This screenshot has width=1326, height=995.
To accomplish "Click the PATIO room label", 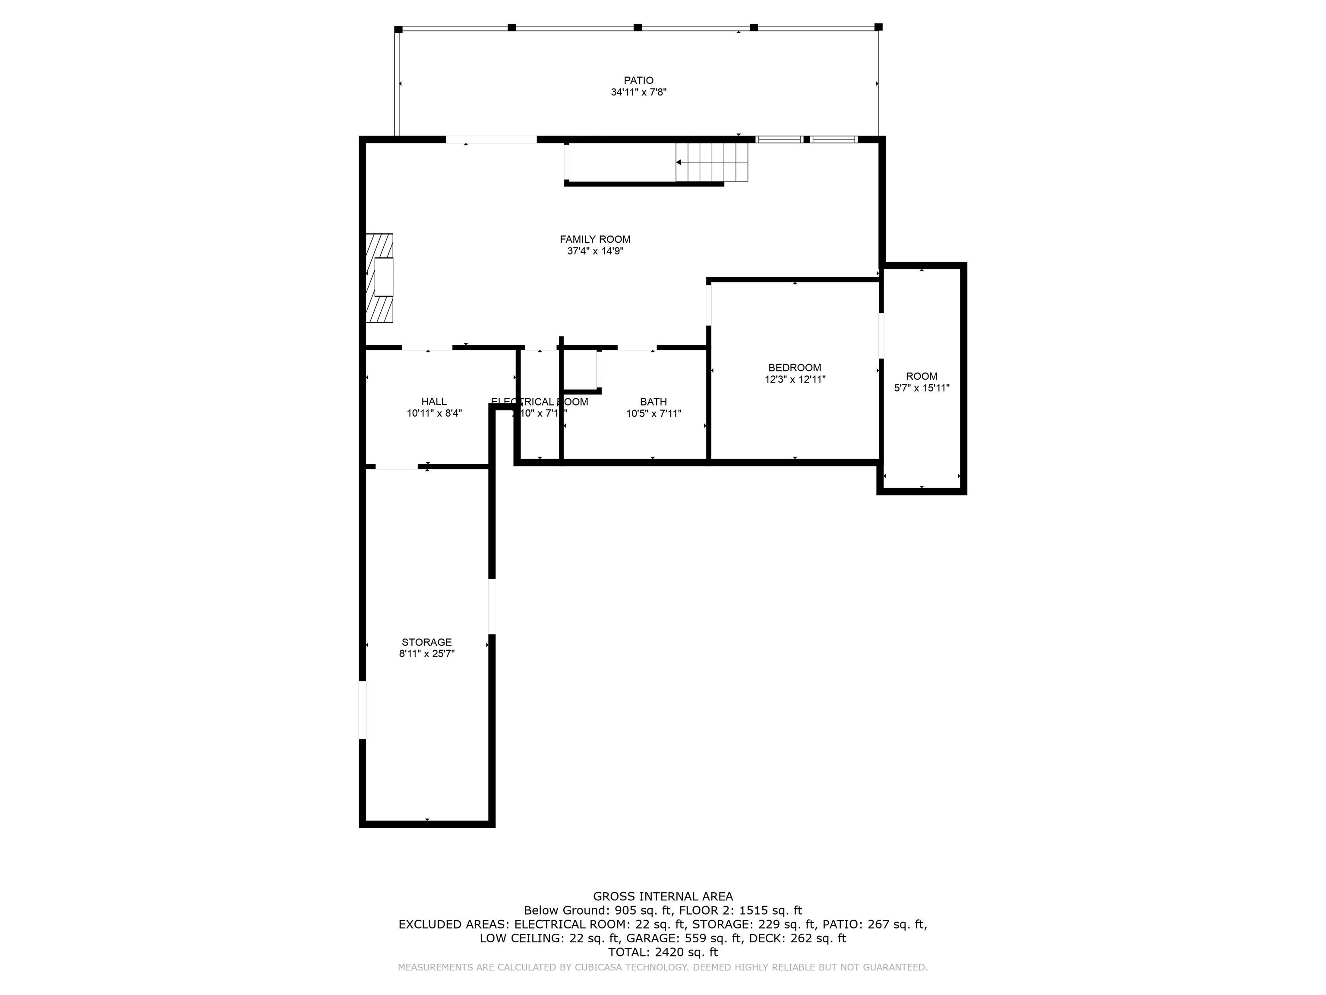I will tap(638, 80).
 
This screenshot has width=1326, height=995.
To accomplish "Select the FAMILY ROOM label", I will tap(595, 239).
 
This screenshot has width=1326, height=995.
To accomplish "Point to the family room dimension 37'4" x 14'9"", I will tap(595, 251).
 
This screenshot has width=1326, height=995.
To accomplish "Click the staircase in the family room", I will tap(711, 162).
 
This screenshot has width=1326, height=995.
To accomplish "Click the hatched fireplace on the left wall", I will tap(379, 278).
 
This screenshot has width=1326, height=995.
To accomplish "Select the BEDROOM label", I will tap(794, 368).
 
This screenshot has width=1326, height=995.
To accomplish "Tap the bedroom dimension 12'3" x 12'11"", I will tap(794, 380).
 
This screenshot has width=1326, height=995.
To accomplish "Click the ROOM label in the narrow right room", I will tap(922, 376).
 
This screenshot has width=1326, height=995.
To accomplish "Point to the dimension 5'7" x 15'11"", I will tap(922, 388).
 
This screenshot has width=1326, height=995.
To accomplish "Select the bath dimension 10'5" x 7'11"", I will tap(654, 413).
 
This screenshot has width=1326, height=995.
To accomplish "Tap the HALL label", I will tap(433, 402).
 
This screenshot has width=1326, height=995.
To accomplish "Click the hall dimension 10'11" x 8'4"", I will tap(434, 413).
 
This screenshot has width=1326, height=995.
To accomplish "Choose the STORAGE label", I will tap(426, 642).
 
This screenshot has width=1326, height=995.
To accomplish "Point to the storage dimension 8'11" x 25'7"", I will tap(426, 654).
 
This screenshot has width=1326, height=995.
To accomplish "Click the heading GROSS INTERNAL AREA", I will tap(663, 896).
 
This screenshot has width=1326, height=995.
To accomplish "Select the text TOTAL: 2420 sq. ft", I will tap(663, 952).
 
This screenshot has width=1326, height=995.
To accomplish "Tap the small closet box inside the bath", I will tap(580, 371).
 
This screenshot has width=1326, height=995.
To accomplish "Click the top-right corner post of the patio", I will tap(878, 27).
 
